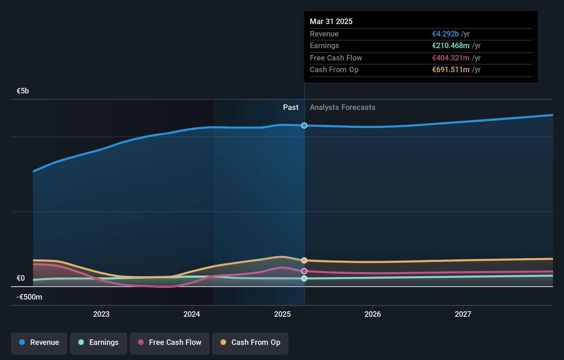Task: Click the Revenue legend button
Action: [x=39, y=342]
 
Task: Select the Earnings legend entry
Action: [x=99, y=342]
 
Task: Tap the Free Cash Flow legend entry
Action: [x=170, y=342]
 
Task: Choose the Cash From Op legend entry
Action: [x=250, y=342]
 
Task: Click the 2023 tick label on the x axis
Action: [x=101, y=314]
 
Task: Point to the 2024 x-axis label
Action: [x=192, y=314]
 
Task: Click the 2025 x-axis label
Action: [x=282, y=314]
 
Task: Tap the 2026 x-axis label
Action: [x=373, y=314]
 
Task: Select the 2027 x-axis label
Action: [x=463, y=314]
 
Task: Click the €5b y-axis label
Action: [x=23, y=91]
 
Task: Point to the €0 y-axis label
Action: [x=21, y=278]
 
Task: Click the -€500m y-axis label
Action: [x=29, y=297]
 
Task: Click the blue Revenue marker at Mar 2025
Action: [x=304, y=125]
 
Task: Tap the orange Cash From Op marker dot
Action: [x=304, y=260]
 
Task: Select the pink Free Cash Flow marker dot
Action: [x=304, y=271]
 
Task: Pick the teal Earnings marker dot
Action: [x=304, y=278]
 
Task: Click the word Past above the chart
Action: [x=291, y=108]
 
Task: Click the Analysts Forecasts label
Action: [x=342, y=108]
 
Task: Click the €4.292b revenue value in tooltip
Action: [x=445, y=34]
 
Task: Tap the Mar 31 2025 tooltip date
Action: [x=331, y=21]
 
